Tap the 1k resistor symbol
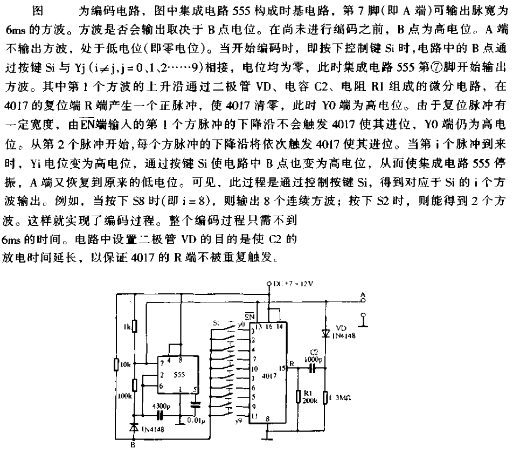click(135, 327)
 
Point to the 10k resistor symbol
click(116, 364)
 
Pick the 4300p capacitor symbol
click(159, 415)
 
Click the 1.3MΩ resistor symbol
click(325, 398)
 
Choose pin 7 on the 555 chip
click(162, 363)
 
